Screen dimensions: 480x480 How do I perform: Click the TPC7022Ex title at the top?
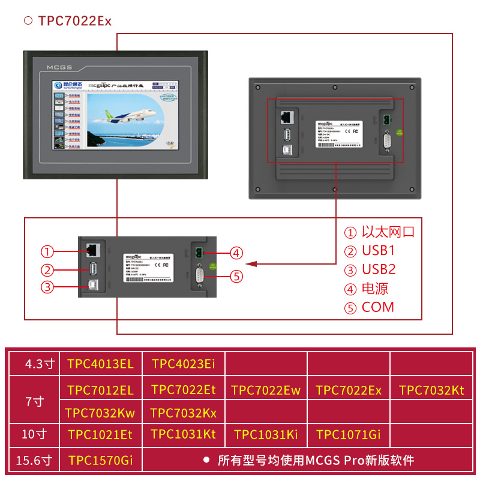pos(74,21)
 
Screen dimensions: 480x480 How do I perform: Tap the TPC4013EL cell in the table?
pos(100,364)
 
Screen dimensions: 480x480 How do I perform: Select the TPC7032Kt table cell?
pos(431,391)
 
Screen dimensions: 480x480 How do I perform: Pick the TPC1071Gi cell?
pos(349,434)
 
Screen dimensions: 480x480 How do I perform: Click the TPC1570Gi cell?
pos(100,461)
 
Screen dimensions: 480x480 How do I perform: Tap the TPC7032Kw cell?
pos(100,413)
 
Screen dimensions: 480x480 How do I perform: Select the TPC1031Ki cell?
pos(266,434)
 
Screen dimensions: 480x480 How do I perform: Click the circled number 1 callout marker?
pos(48,251)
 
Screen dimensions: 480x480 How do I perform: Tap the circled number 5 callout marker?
pos(237,277)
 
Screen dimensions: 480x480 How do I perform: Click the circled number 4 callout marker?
pos(237,253)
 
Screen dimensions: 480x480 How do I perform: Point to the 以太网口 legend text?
pos(388,232)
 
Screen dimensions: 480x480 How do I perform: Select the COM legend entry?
pos(378,307)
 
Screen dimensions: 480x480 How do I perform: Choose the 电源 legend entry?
pos(375,289)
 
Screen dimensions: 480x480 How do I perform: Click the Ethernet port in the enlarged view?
pos(92,249)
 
